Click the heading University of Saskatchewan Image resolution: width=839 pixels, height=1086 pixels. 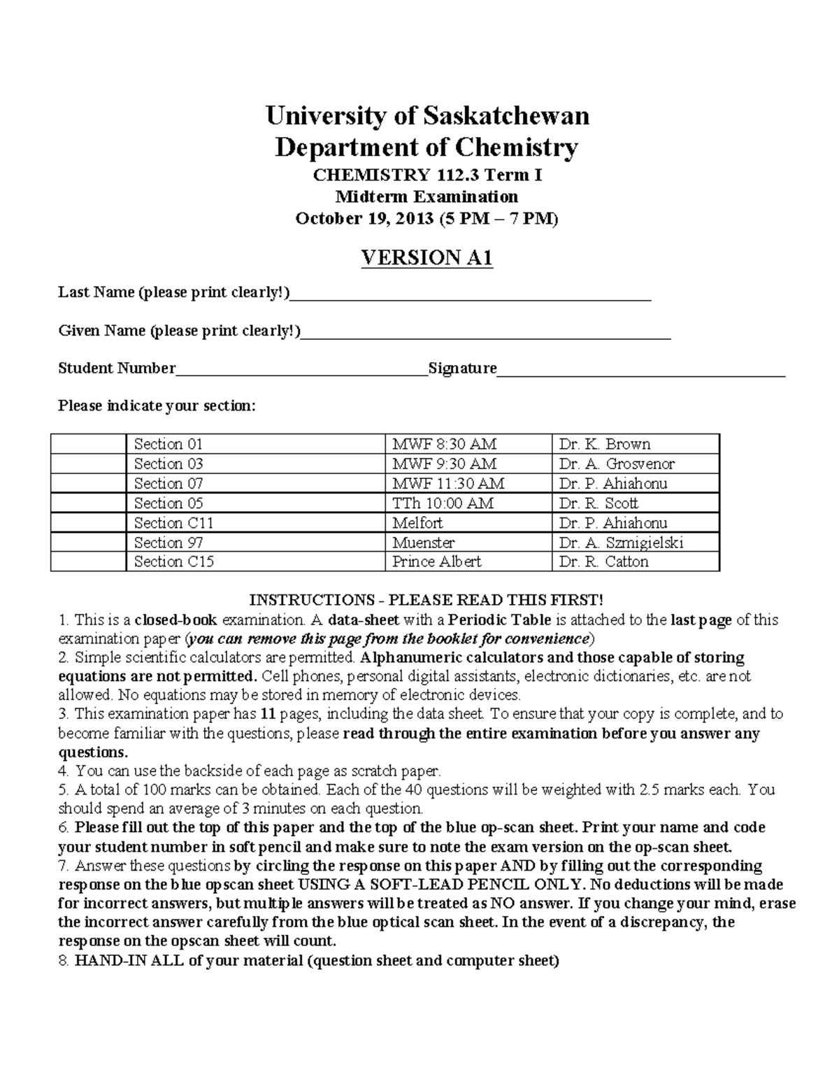point(427,115)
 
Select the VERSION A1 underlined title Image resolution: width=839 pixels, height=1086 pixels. point(427,258)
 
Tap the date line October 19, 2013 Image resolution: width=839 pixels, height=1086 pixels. point(427,219)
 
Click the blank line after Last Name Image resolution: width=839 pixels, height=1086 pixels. point(470,295)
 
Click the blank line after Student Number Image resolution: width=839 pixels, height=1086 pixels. point(301,371)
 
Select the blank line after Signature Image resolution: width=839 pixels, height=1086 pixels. point(640,371)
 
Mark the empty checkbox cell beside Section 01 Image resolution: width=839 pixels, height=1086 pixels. point(88,444)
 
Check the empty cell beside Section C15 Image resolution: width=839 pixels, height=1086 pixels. point(88,562)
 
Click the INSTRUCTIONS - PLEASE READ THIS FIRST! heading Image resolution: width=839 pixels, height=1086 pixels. point(426,600)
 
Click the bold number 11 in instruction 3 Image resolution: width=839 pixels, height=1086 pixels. point(266,714)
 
